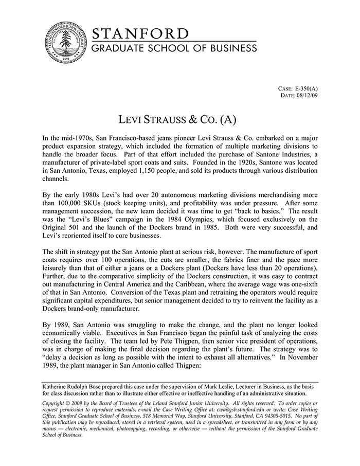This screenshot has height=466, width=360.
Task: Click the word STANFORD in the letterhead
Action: point(140,34)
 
